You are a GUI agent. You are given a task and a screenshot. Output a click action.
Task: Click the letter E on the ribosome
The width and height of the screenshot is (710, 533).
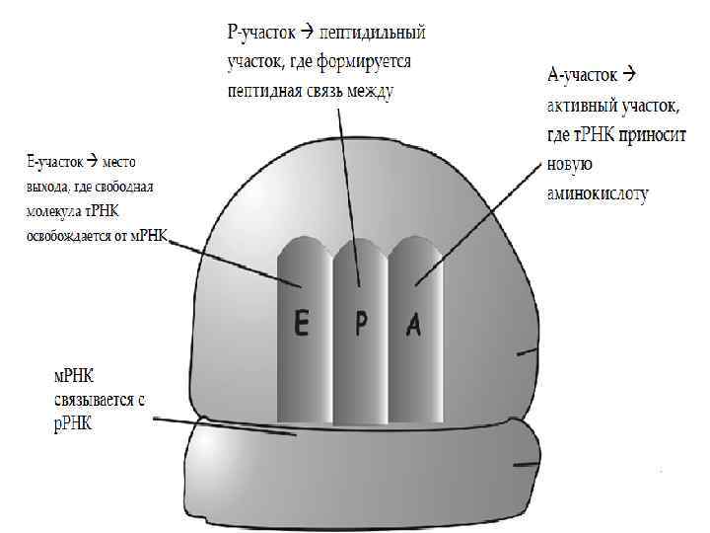point(303,325)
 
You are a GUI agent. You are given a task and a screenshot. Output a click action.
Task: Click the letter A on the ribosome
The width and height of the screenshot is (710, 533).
point(414,325)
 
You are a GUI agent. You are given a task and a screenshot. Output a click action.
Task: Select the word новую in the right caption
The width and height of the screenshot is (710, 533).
point(569,165)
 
